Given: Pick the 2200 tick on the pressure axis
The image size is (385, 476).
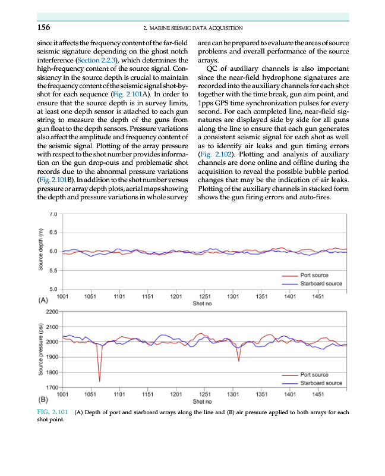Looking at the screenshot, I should click(51, 311).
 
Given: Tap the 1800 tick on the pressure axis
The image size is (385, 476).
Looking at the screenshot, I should click(51, 372).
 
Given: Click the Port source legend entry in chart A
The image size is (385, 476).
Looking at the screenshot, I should click(314, 275).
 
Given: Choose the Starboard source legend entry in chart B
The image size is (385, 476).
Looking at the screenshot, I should click(321, 383).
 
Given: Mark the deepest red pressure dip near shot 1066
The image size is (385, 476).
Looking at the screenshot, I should click(99, 380).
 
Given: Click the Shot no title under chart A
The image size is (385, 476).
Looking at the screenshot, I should click(202, 303).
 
